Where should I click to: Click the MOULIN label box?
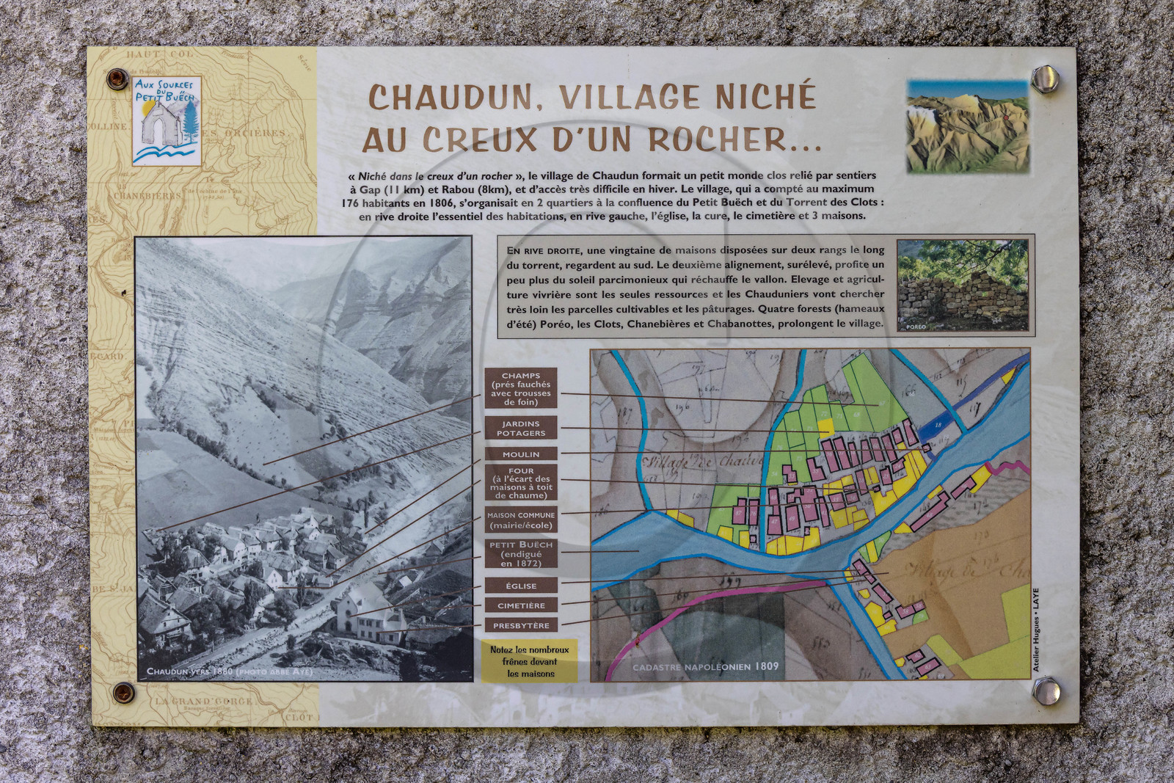[521, 454]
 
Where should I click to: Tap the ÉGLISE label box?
[521, 586]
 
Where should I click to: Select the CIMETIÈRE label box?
[521, 605]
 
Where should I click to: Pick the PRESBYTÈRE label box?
[521, 625]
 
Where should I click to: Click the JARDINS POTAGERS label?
[521, 429]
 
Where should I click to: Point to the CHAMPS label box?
[521, 388]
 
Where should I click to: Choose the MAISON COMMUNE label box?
[521, 520]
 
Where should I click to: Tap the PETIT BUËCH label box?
[521, 554]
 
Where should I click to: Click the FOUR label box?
[521, 483]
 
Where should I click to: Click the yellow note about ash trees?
[528, 661]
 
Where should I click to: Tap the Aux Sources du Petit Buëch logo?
[167, 120]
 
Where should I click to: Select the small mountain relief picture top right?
[967, 127]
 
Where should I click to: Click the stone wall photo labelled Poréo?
[962, 285]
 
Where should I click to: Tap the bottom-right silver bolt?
[1045, 690]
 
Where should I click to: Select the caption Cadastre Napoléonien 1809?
[705, 666]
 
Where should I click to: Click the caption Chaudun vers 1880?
[230, 671]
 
